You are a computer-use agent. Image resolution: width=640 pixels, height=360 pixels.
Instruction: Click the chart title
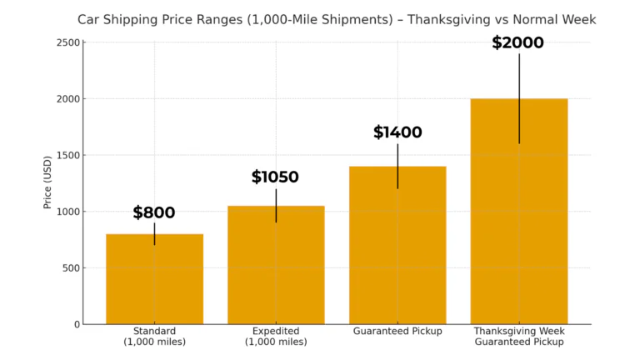pyautogui.click(x=337, y=19)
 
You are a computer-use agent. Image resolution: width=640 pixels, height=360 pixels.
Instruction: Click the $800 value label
pyautogui.click(x=154, y=213)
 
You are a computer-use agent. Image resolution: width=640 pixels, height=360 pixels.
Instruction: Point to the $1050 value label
pyautogui.click(x=275, y=177)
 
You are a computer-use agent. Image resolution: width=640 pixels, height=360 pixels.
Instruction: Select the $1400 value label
pyautogui.click(x=397, y=132)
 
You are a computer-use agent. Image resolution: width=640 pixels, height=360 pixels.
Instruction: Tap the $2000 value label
pyautogui.click(x=517, y=43)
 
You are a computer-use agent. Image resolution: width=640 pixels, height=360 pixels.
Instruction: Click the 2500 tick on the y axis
pyautogui.click(x=69, y=42)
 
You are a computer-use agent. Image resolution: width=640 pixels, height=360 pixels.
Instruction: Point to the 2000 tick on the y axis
pyautogui.click(x=69, y=99)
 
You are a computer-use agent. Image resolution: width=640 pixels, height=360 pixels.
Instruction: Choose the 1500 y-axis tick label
pyautogui.click(x=69, y=155)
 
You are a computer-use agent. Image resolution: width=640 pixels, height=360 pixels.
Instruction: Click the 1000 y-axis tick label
pyautogui.click(x=69, y=212)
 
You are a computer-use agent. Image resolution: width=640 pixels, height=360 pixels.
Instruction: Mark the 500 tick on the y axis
pyautogui.click(x=72, y=268)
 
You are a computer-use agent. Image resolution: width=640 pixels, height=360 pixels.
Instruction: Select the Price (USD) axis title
pyautogui.click(x=47, y=182)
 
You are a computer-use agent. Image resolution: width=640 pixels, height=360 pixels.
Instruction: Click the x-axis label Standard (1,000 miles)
pyautogui.click(x=154, y=337)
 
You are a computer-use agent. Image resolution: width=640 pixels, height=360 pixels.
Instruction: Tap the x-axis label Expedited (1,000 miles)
pyautogui.click(x=276, y=337)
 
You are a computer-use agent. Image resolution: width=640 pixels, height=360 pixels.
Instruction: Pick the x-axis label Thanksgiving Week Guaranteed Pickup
pyautogui.click(x=519, y=337)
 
